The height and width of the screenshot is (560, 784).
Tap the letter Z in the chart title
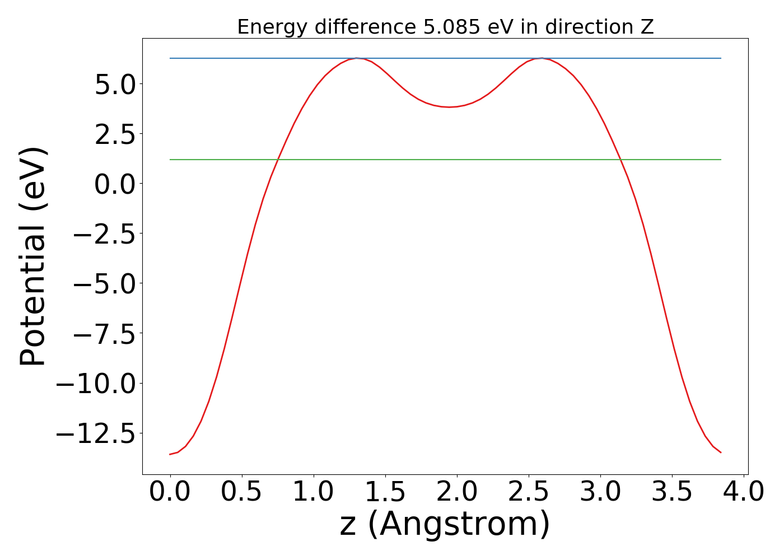point(647,27)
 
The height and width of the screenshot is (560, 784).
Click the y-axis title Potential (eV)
point(34,256)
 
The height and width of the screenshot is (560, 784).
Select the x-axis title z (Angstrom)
point(445,524)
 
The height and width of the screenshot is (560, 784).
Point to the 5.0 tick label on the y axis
point(115,84)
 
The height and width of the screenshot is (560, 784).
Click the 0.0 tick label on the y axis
point(115,184)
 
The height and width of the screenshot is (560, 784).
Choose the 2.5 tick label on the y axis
point(115,134)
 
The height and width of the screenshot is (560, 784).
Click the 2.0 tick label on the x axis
point(457,492)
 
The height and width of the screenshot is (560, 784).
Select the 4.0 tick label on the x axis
point(744,492)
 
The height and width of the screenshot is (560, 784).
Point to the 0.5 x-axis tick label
point(241,492)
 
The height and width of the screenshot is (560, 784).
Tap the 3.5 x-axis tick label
point(672,492)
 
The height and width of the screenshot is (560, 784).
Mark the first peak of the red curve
point(356,58)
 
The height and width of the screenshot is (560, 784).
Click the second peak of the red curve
point(542,58)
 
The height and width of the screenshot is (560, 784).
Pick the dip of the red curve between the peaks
point(449,107)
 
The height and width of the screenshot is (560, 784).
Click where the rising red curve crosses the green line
point(278,160)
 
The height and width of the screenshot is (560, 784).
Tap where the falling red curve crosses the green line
point(620,160)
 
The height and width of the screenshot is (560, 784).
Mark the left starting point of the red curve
point(170,454)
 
